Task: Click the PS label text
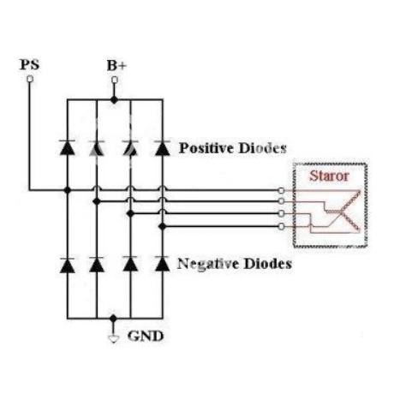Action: (29, 64)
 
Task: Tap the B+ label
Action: (116, 65)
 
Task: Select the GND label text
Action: (146, 336)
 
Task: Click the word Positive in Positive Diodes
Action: (206, 148)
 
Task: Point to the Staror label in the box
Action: (329, 176)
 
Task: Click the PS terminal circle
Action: (30, 79)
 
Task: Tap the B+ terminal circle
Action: (115, 80)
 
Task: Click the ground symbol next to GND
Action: (113, 339)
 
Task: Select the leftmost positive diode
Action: (68, 147)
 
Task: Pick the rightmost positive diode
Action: (163, 148)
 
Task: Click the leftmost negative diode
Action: (68, 266)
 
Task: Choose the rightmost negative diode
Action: (163, 264)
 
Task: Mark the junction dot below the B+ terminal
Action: (114, 100)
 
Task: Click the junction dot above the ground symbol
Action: (113, 319)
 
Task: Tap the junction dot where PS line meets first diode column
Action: (68, 190)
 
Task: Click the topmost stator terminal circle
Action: (281, 190)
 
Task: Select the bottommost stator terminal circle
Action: (281, 227)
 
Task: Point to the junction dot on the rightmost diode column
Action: (163, 226)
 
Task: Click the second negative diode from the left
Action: (97, 265)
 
